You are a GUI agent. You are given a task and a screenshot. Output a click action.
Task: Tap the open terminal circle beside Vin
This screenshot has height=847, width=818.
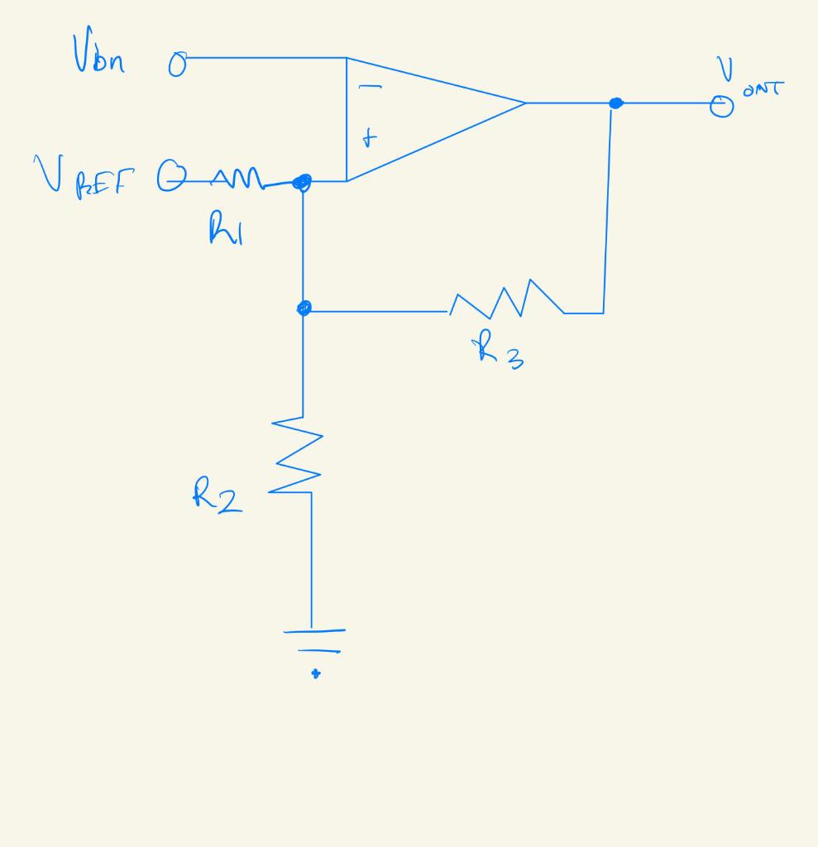click(176, 65)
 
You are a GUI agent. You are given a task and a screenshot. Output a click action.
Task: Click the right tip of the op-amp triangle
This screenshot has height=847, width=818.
click(524, 103)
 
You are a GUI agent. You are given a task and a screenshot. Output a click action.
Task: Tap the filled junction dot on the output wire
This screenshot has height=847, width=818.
click(615, 103)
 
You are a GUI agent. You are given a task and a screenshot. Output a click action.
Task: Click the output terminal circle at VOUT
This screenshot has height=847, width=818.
click(722, 106)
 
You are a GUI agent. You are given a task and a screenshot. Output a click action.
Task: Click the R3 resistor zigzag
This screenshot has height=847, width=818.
click(506, 299)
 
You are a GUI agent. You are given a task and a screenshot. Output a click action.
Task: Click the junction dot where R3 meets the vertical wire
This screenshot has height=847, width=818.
click(303, 309)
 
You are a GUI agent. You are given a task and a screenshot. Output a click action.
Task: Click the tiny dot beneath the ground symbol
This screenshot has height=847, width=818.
click(315, 674)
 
